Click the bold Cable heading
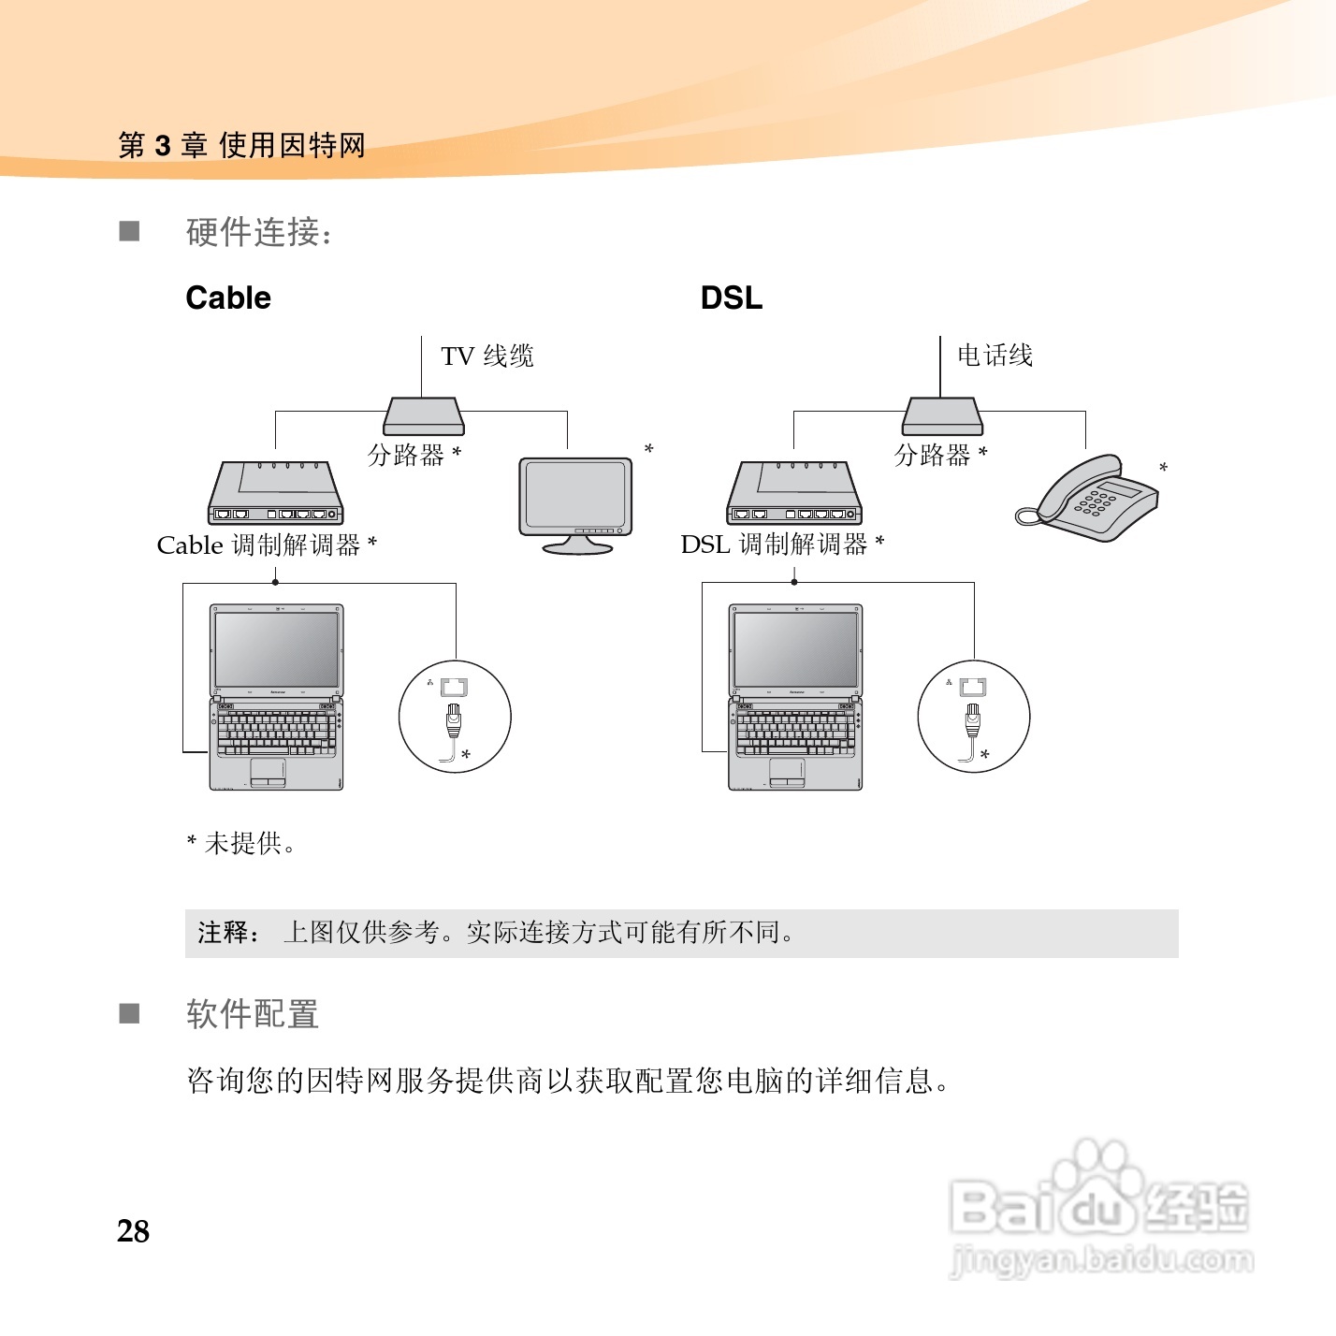click(228, 298)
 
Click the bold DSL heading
click(731, 298)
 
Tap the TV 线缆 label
click(486, 356)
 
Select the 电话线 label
click(995, 356)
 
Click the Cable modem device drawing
click(275, 493)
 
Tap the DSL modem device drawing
click(793, 493)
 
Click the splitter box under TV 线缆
click(424, 416)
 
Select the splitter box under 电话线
click(942, 416)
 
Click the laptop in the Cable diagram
click(276, 697)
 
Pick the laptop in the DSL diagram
click(794, 697)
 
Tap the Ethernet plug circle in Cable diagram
click(455, 717)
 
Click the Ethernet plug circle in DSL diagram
click(974, 717)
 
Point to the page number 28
click(133, 1231)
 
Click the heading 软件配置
click(253, 1014)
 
